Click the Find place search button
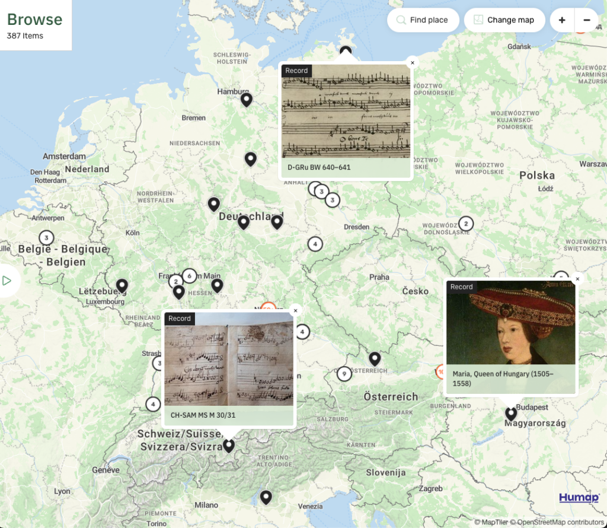tap(423, 20)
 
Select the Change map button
tap(503, 20)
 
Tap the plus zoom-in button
tap(561, 20)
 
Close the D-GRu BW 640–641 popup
tap(413, 63)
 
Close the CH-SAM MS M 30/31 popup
tap(295, 310)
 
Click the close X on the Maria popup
tap(577, 279)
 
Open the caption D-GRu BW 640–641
tap(319, 167)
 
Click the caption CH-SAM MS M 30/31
tap(203, 415)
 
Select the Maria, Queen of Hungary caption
tap(503, 378)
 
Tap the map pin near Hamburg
tap(247, 99)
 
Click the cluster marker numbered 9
tap(344, 374)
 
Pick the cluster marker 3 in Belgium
tap(46, 238)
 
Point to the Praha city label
tap(379, 277)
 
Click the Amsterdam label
tap(64, 157)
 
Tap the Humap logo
tap(579, 498)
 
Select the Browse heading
tap(34, 20)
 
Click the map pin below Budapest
tap(511, 413)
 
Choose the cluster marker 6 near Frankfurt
tap(189, 275)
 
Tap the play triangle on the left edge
tap(7, 281)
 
